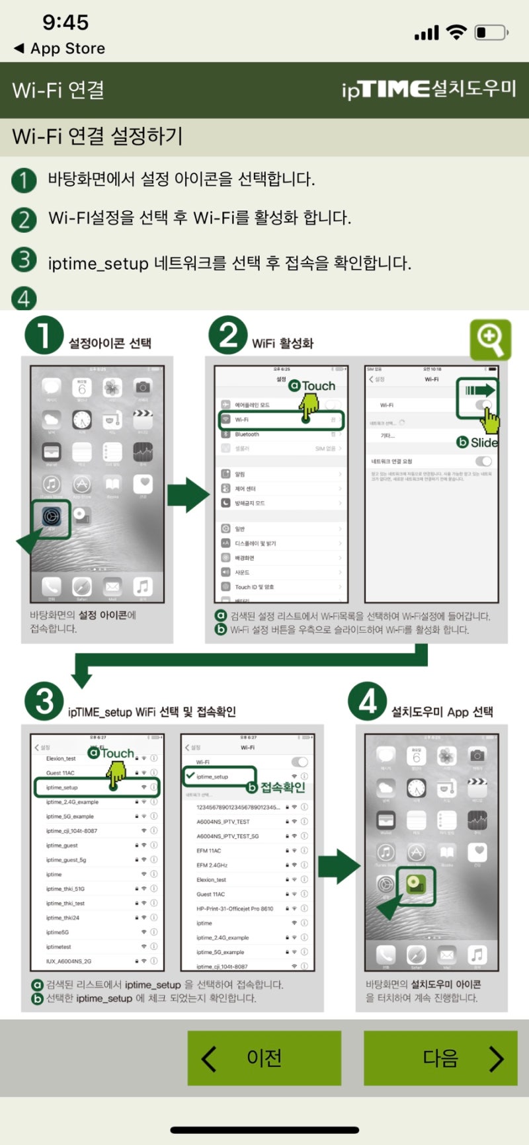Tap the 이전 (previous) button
click(264, 1058)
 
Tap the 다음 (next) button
click(440, 1058)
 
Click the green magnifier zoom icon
click(490, 339)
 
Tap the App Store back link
click(60, 49)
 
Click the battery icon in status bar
click(491, 32)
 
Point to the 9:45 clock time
click(65, 22)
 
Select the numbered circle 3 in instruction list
click(24, 259)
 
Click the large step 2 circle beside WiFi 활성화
click(227, 335)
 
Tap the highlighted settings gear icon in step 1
click(52, 516)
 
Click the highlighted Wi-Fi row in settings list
click(281, 420)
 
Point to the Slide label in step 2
click(483, 442)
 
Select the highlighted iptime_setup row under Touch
click(97, 787)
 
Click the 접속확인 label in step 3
click(282, 787)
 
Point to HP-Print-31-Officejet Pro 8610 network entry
click(235, 908)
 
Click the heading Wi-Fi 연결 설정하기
click(97, 136)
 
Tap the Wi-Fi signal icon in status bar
click(456, 32)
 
